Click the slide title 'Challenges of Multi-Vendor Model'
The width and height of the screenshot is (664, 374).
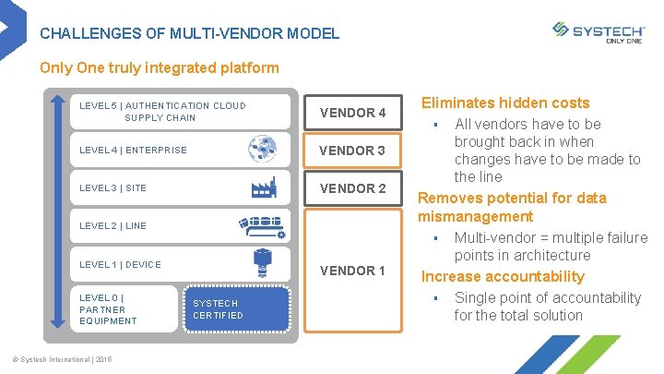click(x=190, y=33)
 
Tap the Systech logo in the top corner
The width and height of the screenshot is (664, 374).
click(x=598, y=32)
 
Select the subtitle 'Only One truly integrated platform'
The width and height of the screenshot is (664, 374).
click(x=160, y=68)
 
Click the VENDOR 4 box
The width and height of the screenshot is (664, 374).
click(x=352, y=113)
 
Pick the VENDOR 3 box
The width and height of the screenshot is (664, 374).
click(x=352, y=151)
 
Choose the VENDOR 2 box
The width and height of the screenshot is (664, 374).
click(x=352, y=188)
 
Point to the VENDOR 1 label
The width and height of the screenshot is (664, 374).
click(x=352, y=271)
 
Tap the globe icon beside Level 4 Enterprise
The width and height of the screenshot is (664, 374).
click(x=262, y=149)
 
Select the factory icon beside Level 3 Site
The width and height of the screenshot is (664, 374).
click(x=264, y=187)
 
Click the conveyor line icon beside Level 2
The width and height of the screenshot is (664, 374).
click(x=262, y=226)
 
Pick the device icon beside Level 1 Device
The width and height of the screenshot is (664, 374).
click(x=264, y=264)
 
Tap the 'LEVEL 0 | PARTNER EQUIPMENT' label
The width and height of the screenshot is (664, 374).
click(x=109, y=308)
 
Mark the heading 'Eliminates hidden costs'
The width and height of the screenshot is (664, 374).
click(x=505, y=103)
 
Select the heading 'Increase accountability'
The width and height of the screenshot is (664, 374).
click(x=503, y=276)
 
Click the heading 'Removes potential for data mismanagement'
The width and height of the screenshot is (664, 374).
click(x=512, y=207)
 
